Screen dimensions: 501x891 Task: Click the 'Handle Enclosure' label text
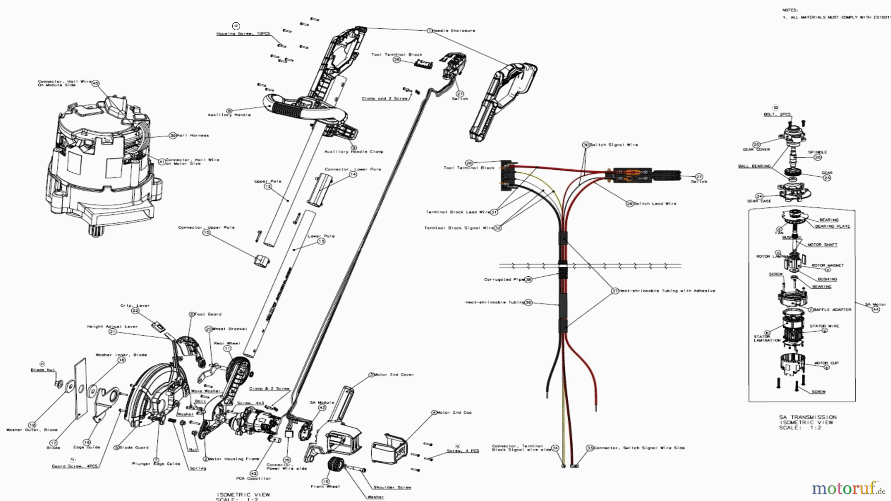(x=454, y=31)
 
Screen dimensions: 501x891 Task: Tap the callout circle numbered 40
(x=96, y=83)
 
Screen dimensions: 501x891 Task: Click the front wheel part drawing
(x=336, y=465)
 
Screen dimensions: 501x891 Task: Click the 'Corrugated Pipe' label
(x=504, y=280)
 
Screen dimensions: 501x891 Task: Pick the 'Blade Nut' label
(x=43, y=370)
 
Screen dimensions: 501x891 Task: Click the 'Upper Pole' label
(x=268, y=181)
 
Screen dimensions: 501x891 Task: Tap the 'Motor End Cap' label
(x=454, y=412)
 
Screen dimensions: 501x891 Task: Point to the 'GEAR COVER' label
(x=756, y=150)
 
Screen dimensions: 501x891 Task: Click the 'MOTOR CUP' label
(x=826, y=363)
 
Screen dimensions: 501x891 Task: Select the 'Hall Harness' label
(x=193, y=136)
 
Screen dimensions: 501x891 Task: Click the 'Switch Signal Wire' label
(x=614, y=145)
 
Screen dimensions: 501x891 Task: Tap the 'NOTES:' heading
(x=790, y=10)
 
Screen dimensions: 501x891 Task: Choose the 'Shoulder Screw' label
(x=392, y=488)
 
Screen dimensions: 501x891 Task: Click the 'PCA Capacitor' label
(x=253, y=479)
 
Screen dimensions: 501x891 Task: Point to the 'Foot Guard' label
(x=208, y=314)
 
